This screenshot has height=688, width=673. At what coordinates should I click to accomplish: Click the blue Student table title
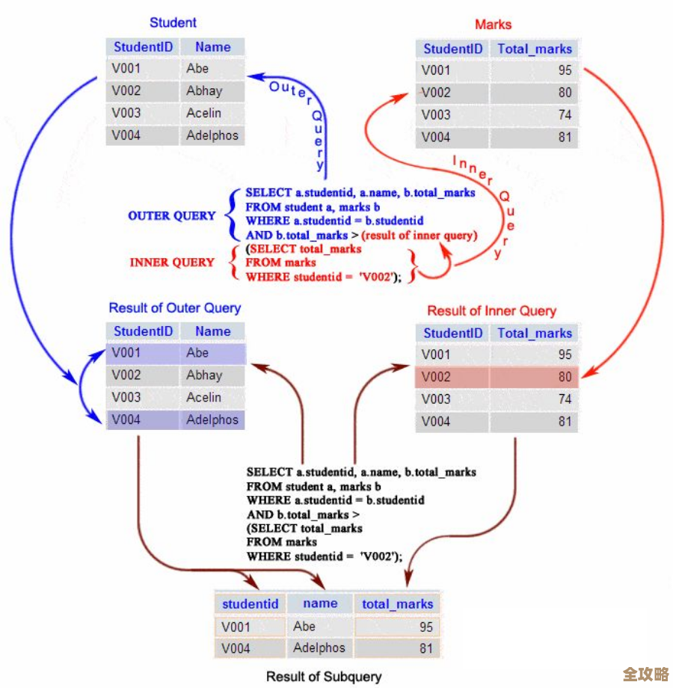pyautogui.click(x=173, y=22)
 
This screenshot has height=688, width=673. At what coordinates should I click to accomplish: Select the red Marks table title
pyautogui.click(x=494, y=25)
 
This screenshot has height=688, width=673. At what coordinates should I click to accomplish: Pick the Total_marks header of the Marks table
pyautogui.click(x=534, y=49)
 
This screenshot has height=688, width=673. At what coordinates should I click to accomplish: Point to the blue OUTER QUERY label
pyautogui.click(x=171, y=216)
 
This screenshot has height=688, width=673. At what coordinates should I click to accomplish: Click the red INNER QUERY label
pyautogui.click(x=172, y=262)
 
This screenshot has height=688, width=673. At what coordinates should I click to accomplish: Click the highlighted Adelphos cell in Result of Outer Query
pyautogui.click(x=212, y=420)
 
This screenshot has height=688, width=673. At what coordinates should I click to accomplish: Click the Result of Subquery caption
pyautogui.click(x=324, y=677)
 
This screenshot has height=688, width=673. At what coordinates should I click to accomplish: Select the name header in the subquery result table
pyautogui.click(x=320, y=603)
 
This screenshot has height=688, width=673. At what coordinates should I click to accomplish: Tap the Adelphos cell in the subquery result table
pyautogui.click(x=319, y=648)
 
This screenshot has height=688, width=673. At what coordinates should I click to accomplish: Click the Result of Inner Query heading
pyautogui.click(x=491, y=310)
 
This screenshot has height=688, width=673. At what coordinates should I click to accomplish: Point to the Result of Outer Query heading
pyautogui.click(x=175, y=308)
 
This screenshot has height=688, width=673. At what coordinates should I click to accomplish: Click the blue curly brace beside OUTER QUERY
pyautogui.click(x=230, y=215)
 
